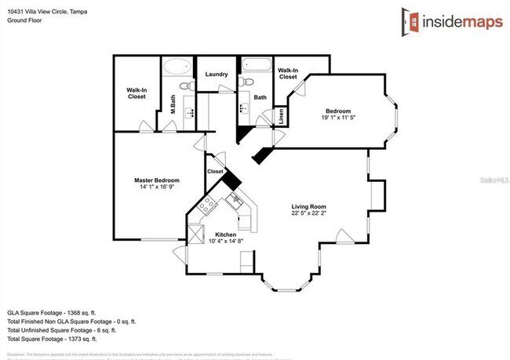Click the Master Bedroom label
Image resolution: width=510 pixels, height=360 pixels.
pyautogui.click(x=157, y=180)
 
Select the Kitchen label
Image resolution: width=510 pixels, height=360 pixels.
pyautogui.click(x=226, y=234)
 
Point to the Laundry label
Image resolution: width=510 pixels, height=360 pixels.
pyautogui.click(x=217, y=75)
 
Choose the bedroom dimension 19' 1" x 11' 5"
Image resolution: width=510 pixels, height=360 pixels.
pyautogui.click(x=338, y=118)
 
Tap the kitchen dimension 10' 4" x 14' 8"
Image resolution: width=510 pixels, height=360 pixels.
pyautogui.click(x=226, y=241)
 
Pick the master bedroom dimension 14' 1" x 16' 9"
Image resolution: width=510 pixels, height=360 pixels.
pyautogui.click(x=157, y=187)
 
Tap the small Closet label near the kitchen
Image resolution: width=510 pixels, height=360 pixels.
pyautogui.click(x=215, y=171)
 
